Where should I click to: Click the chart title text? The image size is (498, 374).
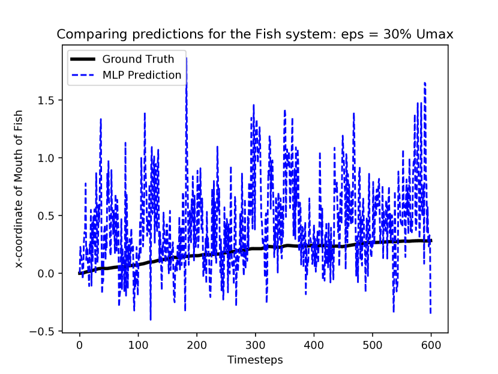coord(255,34)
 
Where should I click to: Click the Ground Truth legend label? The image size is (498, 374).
coord(138,59)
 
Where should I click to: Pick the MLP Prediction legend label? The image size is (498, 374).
coord(142,75)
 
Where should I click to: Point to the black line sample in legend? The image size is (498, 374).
coord(83,59)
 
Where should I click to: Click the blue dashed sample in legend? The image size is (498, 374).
coord(83,75)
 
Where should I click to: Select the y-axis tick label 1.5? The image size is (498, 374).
coord(46,100)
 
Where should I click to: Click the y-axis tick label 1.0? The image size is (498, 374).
coord(46,158)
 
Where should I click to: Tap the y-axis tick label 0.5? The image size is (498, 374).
coord(46,216)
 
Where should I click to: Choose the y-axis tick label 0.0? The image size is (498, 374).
coord(46,273)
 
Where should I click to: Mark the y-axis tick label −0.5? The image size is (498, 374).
coord(42,331)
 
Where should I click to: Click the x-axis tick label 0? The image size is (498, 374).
coord(79,345)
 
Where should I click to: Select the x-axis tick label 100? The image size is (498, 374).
coord(138,345)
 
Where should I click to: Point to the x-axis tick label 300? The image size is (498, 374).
coord(256,345)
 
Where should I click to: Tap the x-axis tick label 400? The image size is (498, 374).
coord(314,345)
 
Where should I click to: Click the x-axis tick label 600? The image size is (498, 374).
coord(431,345)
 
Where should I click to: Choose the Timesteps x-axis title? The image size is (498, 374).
coord(255,360)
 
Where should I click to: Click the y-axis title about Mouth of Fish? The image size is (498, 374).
coord(19,189)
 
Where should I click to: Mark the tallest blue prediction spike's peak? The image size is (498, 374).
coord(187,58)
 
